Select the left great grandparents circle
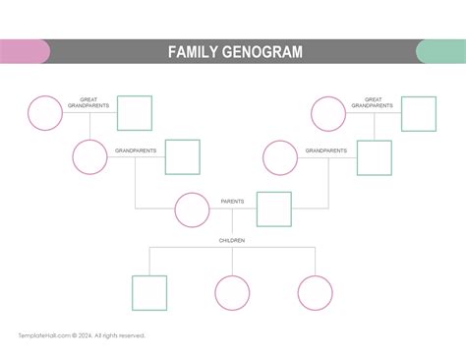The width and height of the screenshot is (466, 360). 45,113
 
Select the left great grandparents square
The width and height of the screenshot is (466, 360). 135,113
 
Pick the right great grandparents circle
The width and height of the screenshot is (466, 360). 329,113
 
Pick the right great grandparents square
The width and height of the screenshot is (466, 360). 418,113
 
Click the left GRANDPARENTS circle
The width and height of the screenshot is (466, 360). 89,157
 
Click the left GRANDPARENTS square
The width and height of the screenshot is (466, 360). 182,157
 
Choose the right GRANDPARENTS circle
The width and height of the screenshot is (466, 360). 280,157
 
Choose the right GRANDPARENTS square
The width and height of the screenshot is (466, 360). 374,157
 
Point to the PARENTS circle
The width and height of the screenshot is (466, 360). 192,210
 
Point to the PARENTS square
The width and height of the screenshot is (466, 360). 273,210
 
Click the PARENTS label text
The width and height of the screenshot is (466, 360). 233,202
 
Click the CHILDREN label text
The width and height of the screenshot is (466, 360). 232,240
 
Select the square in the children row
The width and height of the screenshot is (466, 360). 148,292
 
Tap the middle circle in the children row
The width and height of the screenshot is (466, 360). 232,292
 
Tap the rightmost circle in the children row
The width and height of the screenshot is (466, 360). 316,292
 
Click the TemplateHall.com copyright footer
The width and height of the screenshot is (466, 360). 82,335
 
